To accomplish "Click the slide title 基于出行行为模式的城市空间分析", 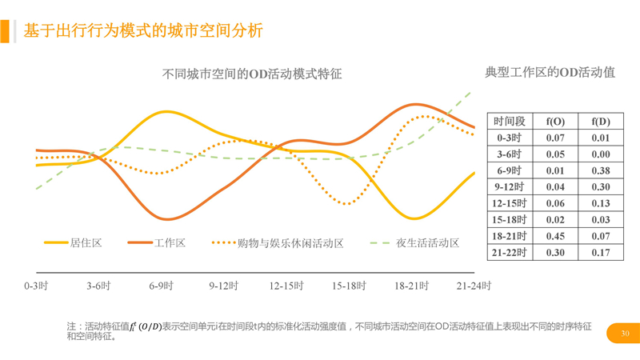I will click(x=143, y=31).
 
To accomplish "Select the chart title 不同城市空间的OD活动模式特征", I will click(x=252, y=74).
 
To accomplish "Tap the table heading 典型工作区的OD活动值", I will click(x=550, y=72).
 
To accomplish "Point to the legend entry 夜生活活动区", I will click(x=427, y=242).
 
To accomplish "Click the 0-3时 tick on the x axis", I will click(x=36, y=285).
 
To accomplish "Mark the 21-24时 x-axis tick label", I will click(x=474, y=285).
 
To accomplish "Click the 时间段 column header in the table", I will click(x=510, y=122).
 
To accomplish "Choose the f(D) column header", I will click(x=601, y=122).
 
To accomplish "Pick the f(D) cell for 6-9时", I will click(x=601, y=170).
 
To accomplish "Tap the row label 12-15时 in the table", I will click(x=510, y=203).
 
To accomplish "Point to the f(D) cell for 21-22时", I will click(x=601, y=253).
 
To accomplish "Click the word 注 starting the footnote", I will click(x=72, y=326).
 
